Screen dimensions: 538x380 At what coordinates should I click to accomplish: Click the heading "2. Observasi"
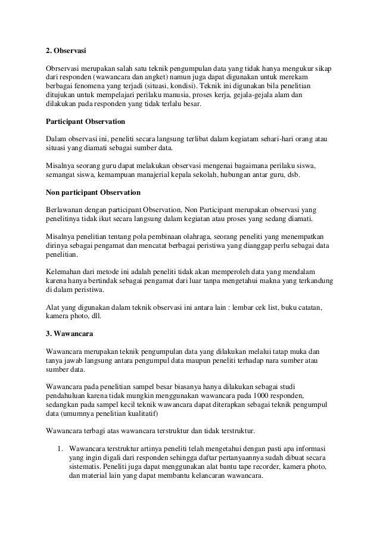pos(67,50)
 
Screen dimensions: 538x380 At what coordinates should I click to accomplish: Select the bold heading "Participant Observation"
pos(85,122)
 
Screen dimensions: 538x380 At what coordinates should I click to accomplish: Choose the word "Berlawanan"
pos(65,211)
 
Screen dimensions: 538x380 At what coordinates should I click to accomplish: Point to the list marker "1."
pos(60,448)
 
